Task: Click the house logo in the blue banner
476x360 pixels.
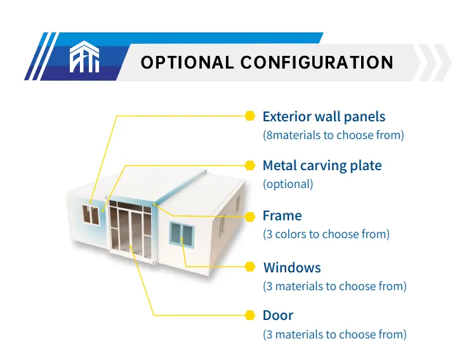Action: tap(84, 57)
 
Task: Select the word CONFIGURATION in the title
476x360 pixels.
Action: tap(317, 63)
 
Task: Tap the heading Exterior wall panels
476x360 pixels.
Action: tap(324, 117)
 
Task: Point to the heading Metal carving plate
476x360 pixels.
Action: tap(322, 166)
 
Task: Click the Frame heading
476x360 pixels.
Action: tap(282, 216)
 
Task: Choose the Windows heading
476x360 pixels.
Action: tap(291, 267)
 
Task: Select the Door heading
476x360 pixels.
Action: tap(277, 316)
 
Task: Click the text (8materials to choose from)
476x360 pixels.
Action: tap(333, 135)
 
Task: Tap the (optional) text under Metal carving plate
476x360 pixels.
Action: tap(288, 184)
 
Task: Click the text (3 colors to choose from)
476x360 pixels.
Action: tap(326, 234)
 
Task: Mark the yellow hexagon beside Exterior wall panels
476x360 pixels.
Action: tap(249, 116)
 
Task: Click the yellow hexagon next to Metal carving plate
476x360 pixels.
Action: tap(249, 165)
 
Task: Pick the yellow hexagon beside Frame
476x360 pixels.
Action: tap(249, 215)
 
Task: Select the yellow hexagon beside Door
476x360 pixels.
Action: tap(249, 315)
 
